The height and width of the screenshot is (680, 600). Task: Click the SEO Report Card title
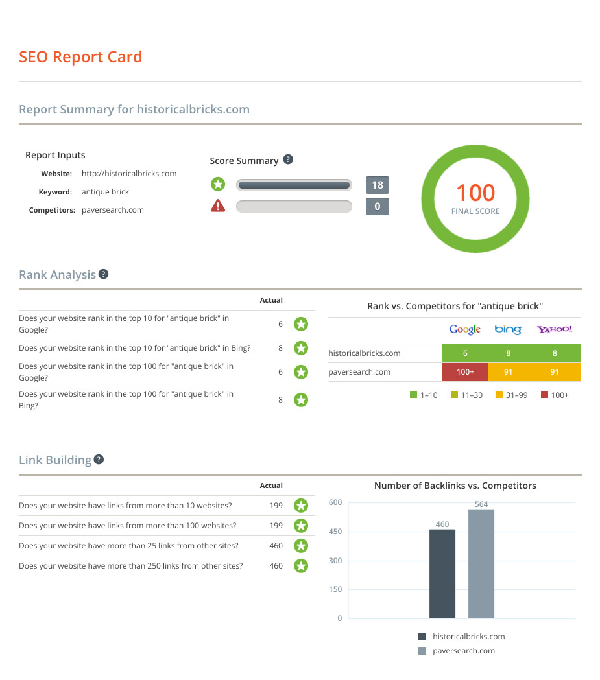80,57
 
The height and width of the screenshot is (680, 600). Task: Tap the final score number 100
475,193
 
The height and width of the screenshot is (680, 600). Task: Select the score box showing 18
377,185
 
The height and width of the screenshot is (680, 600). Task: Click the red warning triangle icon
218,207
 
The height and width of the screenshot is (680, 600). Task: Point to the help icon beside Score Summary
289,159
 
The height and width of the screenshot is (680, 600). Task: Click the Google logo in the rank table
464,329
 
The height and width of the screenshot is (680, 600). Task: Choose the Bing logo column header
508,329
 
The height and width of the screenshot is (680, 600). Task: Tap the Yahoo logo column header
554,329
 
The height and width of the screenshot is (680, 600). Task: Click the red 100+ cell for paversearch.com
464,372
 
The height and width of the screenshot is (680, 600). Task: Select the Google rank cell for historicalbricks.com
464,353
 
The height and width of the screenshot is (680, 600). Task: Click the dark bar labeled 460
442,574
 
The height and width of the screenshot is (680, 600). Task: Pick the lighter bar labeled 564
481,564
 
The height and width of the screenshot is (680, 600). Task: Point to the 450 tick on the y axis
335,532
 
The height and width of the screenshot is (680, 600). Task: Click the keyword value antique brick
105,192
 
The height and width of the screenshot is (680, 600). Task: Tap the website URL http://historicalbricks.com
129,174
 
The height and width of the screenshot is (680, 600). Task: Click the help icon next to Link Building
99,460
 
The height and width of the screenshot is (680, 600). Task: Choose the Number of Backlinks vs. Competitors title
455,486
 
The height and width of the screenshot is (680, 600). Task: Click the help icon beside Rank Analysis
103,274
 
